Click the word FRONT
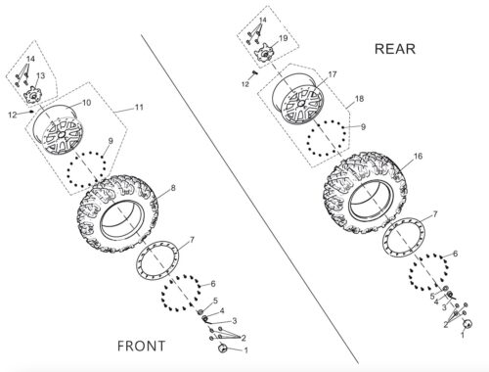(141, 346)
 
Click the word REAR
(395, 49)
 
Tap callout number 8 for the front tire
(173, 188)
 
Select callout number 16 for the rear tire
(418, 157)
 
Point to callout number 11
(139, 107)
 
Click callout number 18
(359, 99)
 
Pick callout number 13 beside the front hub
(41, 75)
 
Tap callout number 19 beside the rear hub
(284, 38)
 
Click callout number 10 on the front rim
(86, 103)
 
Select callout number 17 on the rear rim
(333, 74)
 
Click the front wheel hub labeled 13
(32, 95)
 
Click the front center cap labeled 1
(223, 348)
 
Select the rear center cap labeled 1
(467, 323)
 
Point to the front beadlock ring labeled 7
(157, 260)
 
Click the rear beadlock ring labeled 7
(404, 237)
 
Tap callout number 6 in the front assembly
(213, 284)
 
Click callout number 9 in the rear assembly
(364, 126)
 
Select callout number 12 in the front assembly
(13, 115)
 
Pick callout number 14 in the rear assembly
(262, 20)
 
